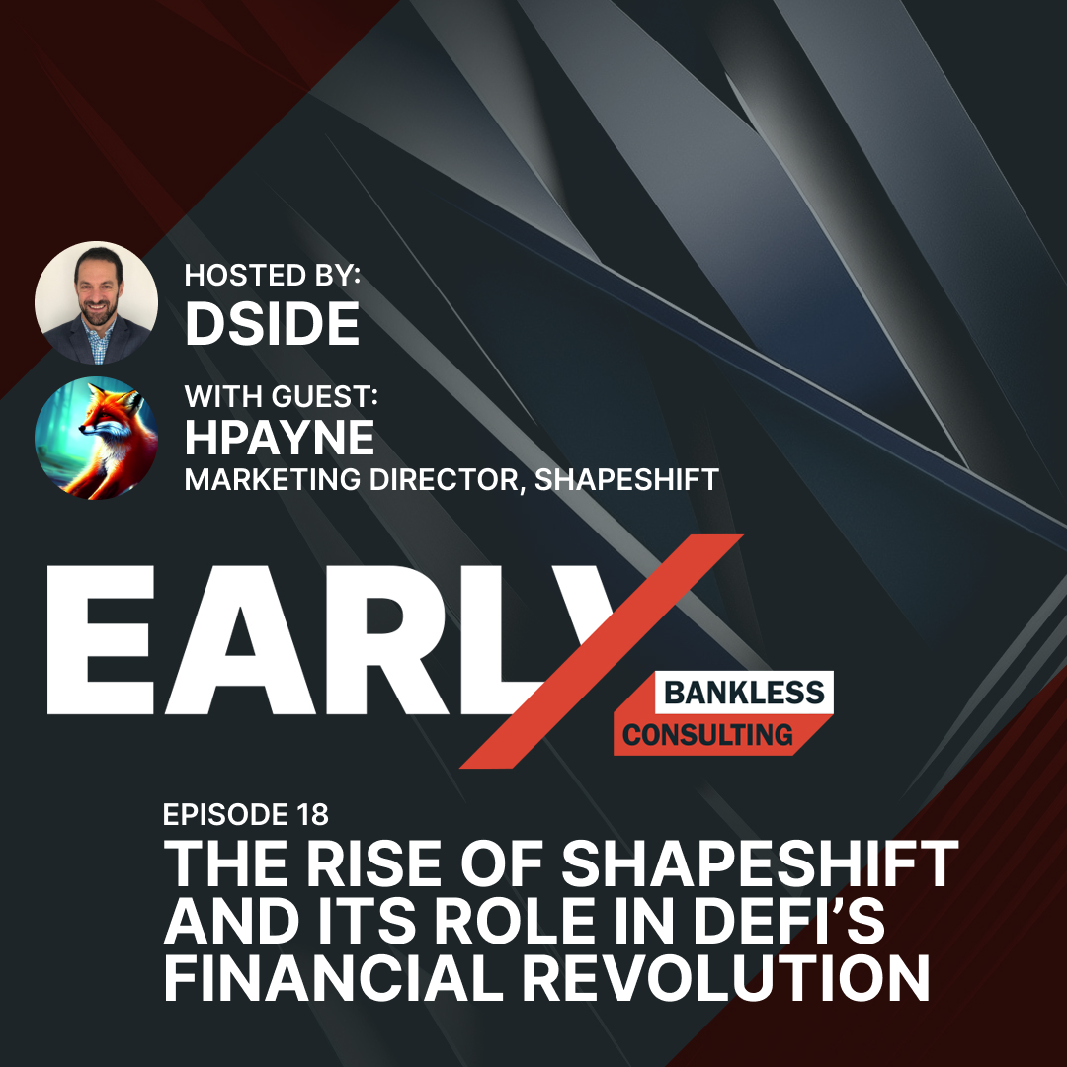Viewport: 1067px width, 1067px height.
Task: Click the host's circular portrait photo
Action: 96,303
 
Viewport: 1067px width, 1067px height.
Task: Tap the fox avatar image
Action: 96,438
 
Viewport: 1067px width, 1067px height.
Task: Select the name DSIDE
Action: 273,324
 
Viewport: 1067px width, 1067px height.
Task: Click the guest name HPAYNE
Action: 280,438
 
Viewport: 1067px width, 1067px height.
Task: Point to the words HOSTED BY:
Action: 273,275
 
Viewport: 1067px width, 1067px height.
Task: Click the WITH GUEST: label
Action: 281,396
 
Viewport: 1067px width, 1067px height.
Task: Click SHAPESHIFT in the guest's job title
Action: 626,480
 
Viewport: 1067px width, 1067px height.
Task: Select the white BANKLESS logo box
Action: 744,693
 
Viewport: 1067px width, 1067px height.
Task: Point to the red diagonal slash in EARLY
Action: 601,651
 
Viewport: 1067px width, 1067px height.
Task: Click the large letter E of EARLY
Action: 101,639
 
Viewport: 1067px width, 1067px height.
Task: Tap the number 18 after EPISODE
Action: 312,814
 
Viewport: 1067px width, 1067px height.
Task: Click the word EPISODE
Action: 226,814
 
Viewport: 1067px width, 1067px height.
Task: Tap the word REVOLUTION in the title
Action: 726,978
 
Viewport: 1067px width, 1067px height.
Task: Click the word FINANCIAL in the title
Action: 334,978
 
